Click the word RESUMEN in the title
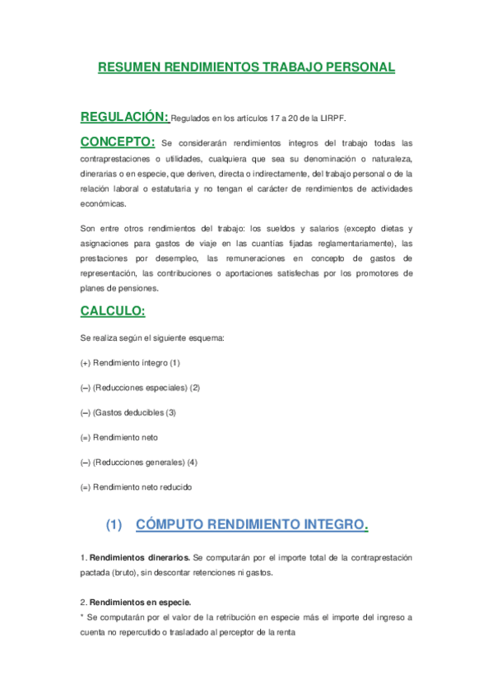(x=128, y=67)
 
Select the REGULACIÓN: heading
(x=124, y=116)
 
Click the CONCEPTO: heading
(x=118, y=142)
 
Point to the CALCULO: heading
(x=113, y=310)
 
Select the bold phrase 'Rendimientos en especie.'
(x=139, y=602)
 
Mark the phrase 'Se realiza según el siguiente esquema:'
(x=152, y=337)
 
